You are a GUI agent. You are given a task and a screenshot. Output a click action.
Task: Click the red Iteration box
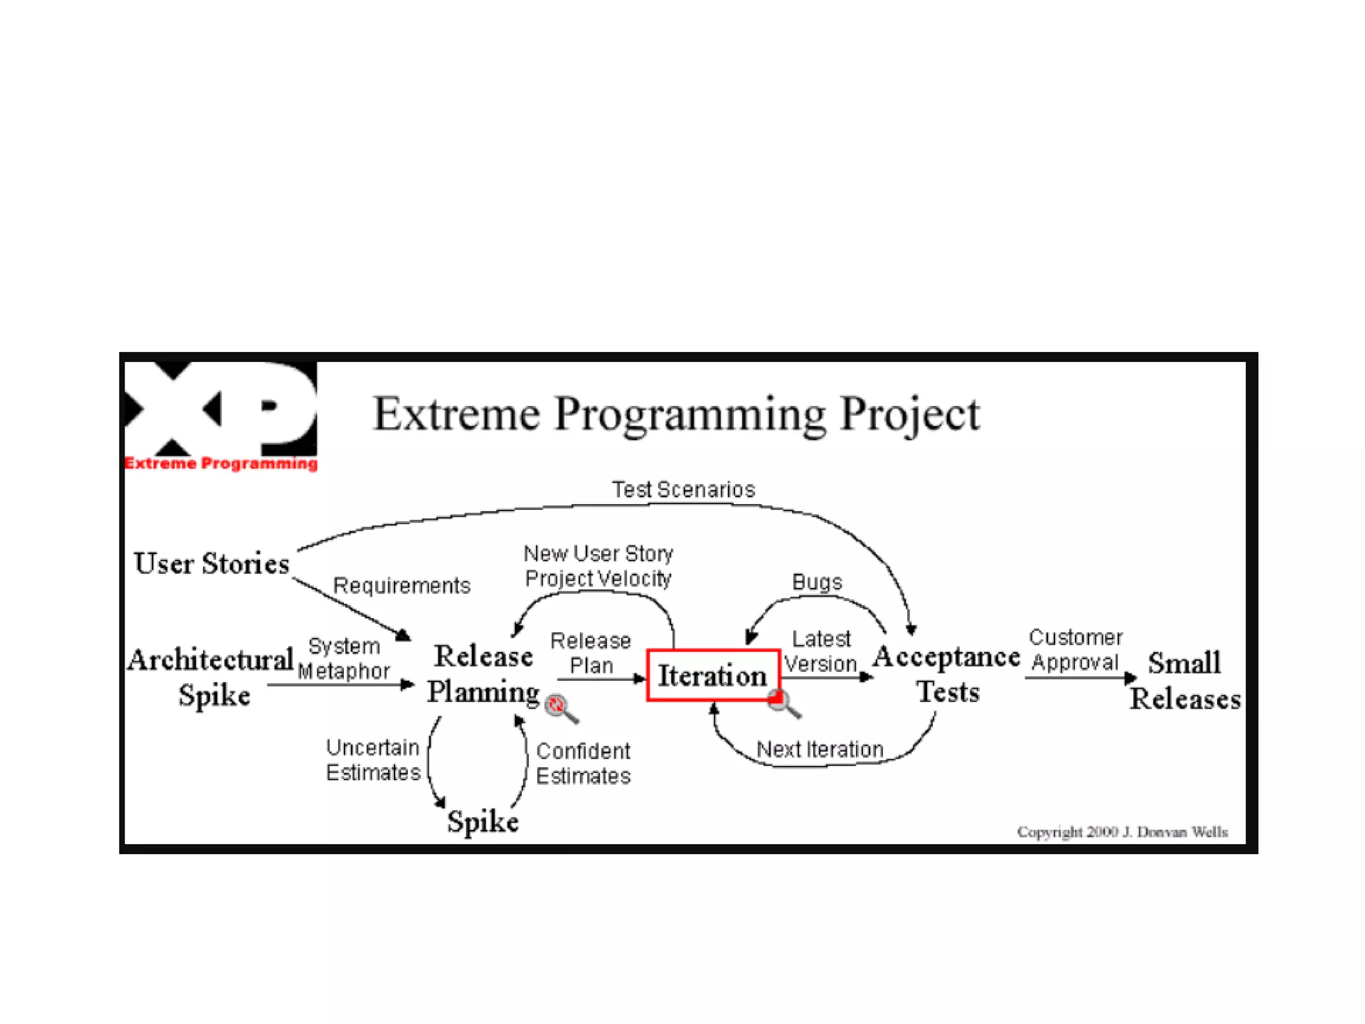point(712,675)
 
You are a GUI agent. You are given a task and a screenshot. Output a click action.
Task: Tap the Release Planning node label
point(483,673)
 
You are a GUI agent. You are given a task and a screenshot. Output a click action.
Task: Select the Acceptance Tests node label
point(946,673)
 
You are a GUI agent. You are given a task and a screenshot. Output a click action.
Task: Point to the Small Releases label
point(1184,680)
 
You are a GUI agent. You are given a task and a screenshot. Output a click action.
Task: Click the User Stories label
point(211,563)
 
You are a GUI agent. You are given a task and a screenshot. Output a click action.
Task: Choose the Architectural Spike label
point(211,677)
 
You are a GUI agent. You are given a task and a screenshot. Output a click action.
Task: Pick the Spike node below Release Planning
point(483,821)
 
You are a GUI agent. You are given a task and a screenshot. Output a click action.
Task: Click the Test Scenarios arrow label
point(683,489)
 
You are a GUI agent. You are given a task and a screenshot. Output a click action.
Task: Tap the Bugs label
point(816,582)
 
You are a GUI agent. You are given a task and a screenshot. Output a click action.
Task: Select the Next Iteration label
point(819,749)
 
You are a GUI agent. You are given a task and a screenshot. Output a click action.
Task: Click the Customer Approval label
point(1075,649)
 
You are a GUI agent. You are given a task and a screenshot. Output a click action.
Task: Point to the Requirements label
point(401,585)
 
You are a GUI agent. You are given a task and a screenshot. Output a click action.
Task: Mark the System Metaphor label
point(344,659)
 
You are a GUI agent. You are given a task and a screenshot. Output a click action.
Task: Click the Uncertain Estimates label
point(373,760)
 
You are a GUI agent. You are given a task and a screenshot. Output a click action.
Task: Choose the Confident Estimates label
point(583,763)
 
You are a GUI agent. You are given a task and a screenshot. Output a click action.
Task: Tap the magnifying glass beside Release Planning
point(560,707)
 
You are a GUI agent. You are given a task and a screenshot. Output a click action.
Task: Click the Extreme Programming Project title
point(676,414)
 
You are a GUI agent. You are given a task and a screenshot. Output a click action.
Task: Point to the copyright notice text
point(1122,831)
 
